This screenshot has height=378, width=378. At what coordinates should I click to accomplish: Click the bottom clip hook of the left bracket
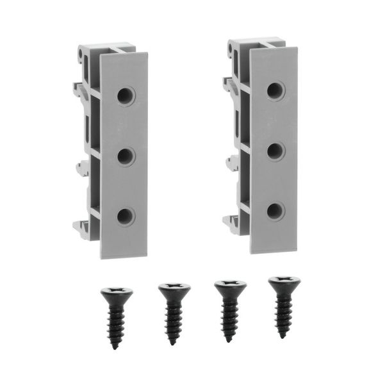point(79,226)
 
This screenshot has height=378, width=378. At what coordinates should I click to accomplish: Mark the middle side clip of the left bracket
point(81,168)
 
